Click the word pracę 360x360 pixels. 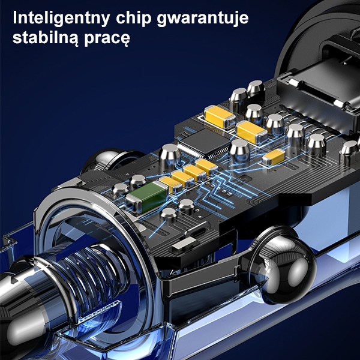107,39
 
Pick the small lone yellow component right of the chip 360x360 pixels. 274,157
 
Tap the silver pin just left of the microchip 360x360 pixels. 170,155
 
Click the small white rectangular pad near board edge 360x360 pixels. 184,244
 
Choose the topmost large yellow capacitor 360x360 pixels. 220,116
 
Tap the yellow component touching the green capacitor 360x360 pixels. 170,185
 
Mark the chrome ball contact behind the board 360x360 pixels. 108,158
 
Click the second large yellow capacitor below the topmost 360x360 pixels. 252,132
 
